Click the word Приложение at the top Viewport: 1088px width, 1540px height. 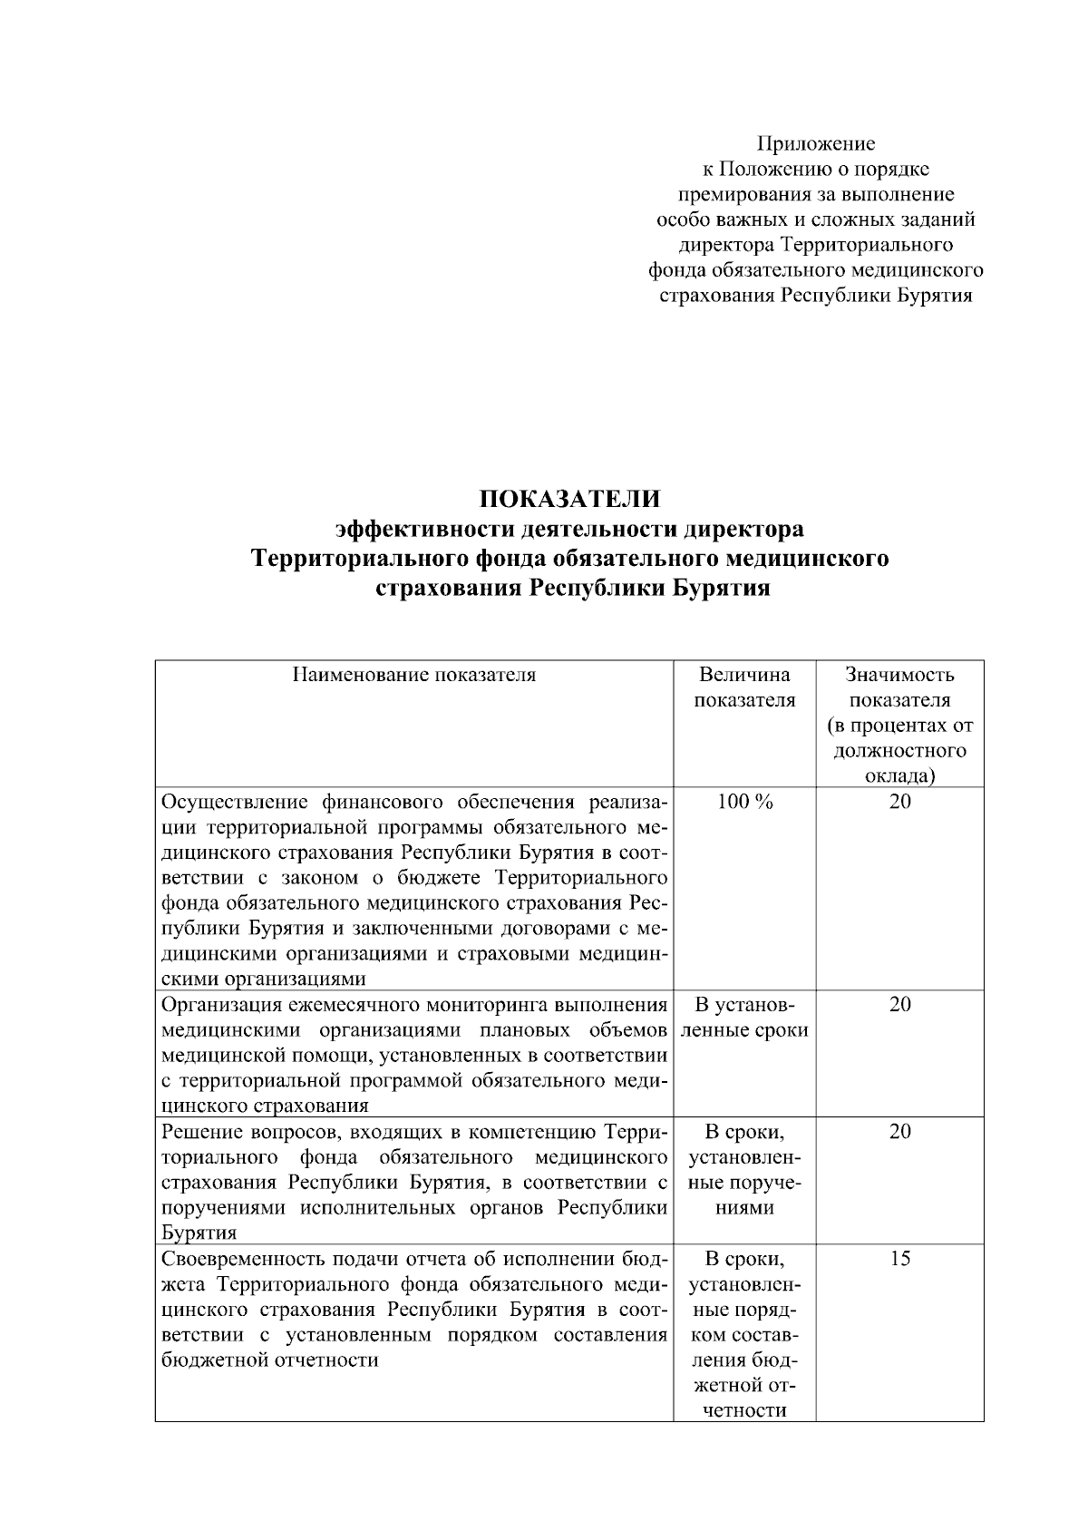coord(816,143)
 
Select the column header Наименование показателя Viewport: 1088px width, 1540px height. coord(413,675)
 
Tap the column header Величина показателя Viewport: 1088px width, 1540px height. coord(744,687)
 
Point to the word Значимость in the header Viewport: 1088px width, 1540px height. coord(899,675)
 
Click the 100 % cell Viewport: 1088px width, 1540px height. coord(744,802)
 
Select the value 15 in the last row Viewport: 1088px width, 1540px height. coord(899,1259)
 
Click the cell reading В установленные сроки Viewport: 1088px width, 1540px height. coord(744,1018)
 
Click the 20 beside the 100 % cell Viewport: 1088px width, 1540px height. coord(899,802)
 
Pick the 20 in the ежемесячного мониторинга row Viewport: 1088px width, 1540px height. coord(899,1005)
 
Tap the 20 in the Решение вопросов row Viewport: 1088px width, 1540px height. coord(899,1132)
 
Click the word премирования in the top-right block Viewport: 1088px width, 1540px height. coord(737,194)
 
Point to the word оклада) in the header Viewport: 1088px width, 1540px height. coord(899,776)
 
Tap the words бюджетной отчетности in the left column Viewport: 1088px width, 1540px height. coord(269,1360)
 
